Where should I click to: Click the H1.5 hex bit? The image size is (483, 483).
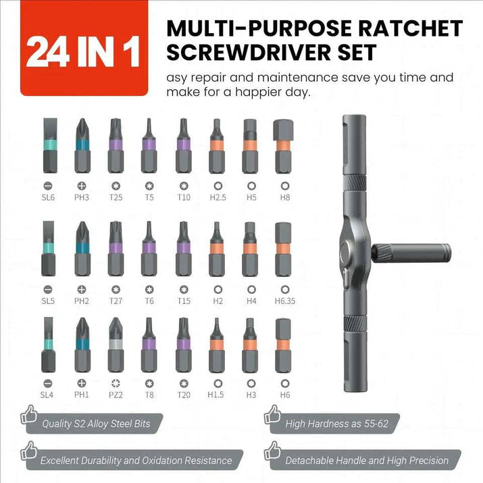[215, 346]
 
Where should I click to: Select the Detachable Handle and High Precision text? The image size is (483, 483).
[367, 461]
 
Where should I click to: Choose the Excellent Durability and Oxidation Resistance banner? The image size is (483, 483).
[135, 461]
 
